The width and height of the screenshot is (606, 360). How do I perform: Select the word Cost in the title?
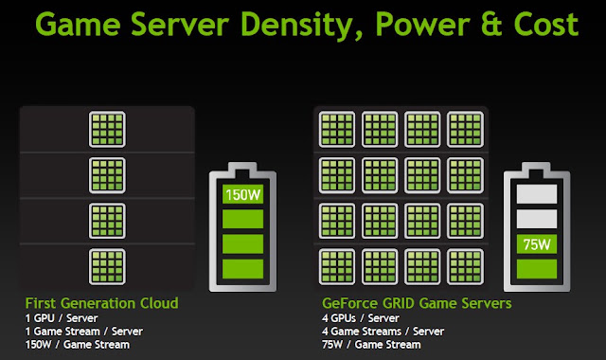point(546,25)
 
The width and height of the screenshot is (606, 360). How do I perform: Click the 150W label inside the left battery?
point(242,194)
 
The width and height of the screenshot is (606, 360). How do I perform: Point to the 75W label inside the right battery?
point(537,244)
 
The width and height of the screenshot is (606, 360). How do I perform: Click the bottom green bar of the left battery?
point(242,269)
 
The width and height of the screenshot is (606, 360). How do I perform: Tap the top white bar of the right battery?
point(537,193)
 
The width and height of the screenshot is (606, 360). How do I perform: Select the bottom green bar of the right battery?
point(537,269)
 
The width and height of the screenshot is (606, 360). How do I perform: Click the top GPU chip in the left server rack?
point(107,130)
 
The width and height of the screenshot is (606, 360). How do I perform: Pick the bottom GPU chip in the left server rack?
point(107,267)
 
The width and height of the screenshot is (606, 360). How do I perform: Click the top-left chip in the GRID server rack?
point(337,130)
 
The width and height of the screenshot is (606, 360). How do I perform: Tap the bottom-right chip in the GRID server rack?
point(465,267)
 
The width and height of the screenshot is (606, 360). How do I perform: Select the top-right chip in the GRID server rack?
point(465,130)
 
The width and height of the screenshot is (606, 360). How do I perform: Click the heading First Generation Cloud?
point(101,303)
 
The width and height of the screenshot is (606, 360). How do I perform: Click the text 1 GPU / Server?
point(62,318)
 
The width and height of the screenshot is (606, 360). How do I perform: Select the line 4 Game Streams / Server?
point(383,332)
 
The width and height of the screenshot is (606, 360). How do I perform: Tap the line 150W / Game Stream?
point(78,345)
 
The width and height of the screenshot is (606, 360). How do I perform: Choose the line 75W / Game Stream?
point(371,345)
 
